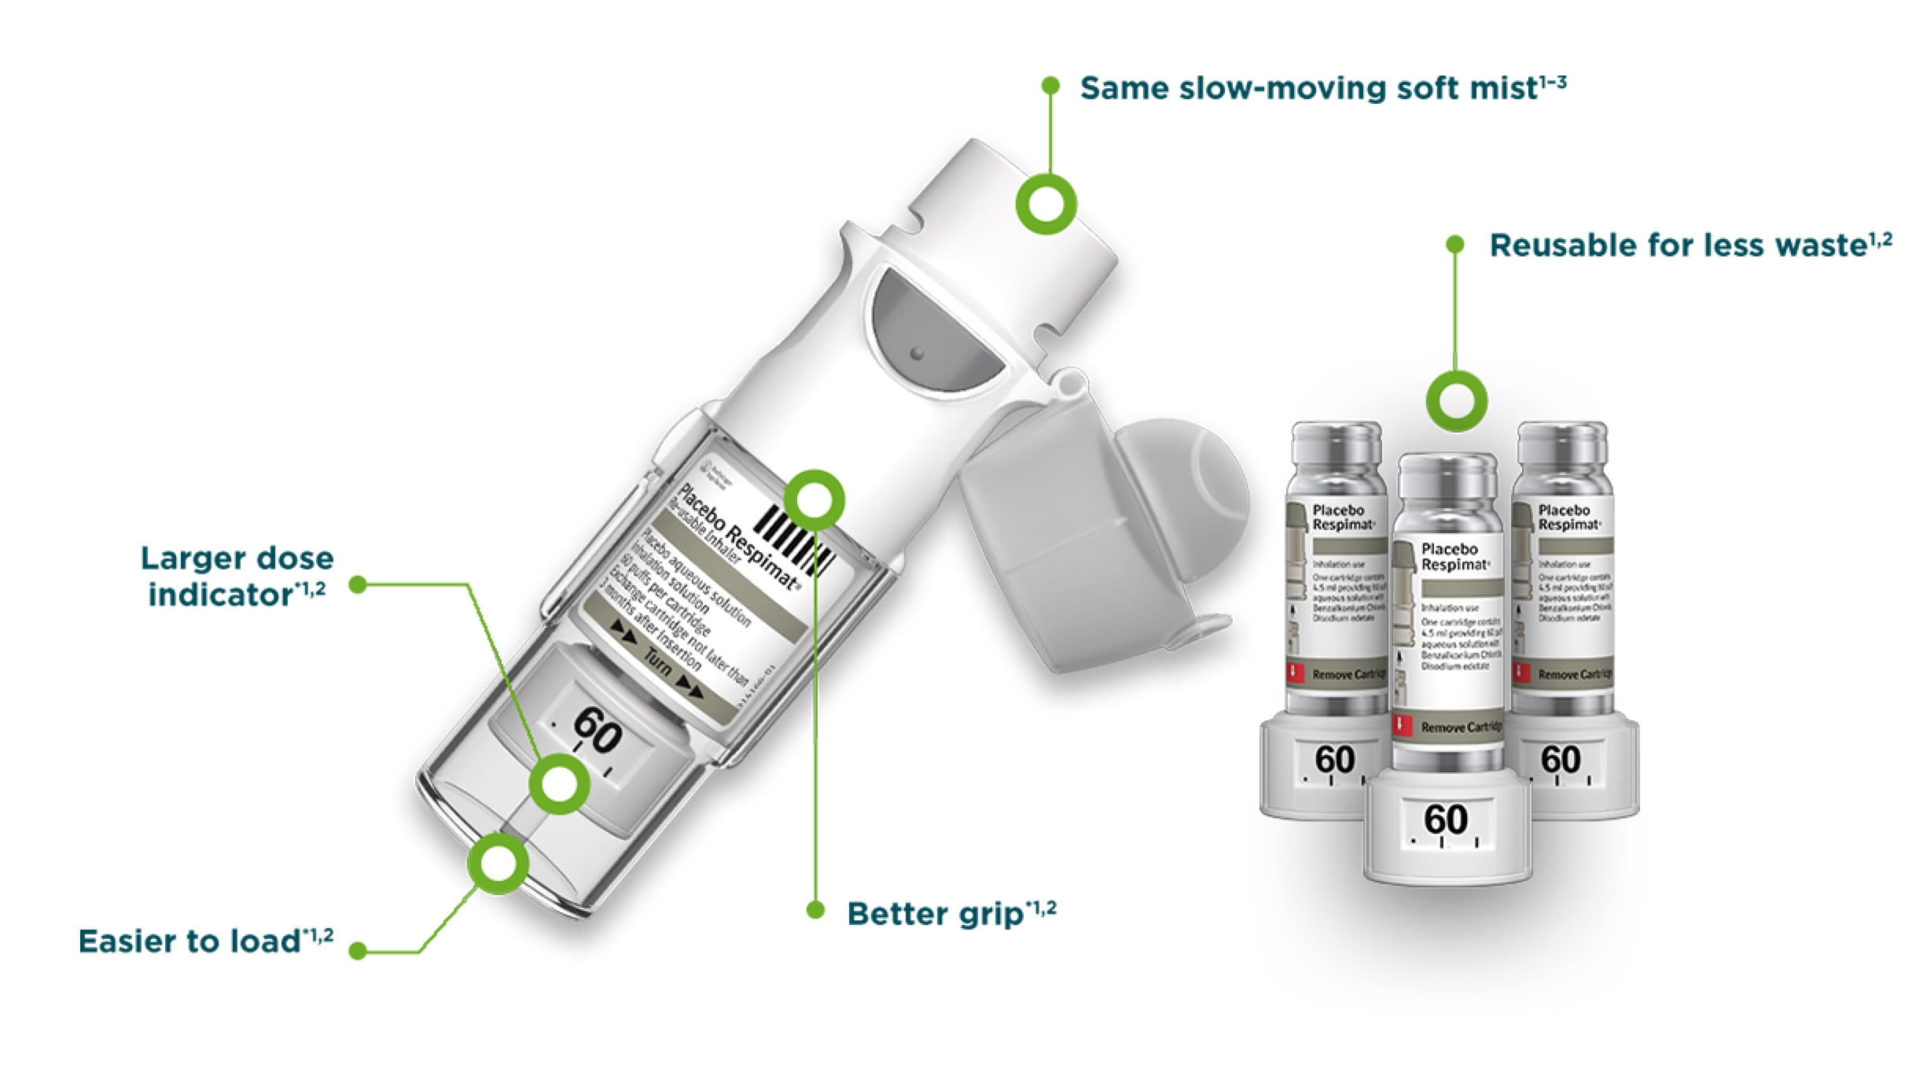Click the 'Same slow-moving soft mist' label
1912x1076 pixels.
coord(1321,88)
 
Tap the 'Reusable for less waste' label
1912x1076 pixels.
coord(1690,245)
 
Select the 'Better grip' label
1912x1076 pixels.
coord(951,913)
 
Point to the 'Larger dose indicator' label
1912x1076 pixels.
coord(236,577)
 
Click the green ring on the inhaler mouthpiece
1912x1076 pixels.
coord(1046,204)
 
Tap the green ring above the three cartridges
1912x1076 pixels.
coord(1456,401)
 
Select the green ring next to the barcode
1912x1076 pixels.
coord(814,500)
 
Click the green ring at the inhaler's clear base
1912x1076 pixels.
coord(498,864)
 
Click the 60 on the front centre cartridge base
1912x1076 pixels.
coord(1446,820)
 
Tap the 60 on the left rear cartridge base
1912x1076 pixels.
coord(1335,760)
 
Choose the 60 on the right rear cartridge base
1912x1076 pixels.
coord(1561,760)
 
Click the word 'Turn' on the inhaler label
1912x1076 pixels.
coord(659,665)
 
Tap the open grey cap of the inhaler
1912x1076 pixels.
coord(1101,535)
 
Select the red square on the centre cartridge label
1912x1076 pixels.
coord(1400,724)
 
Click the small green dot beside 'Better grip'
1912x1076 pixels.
coord(816,911)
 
